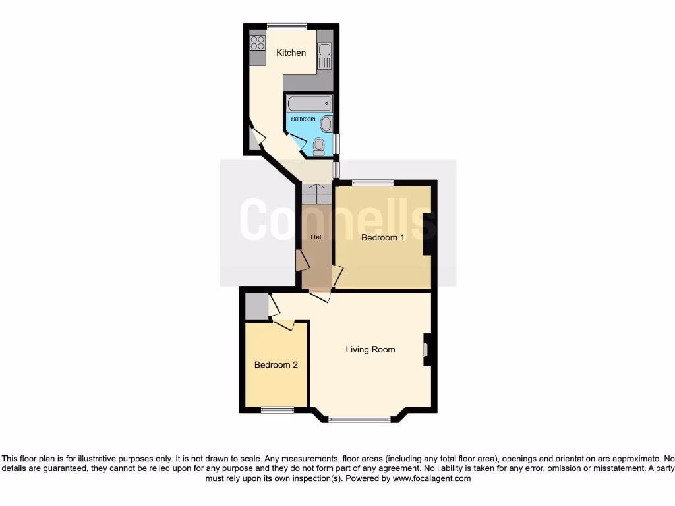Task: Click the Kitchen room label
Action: pos(291,53)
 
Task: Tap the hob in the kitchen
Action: pos(257,43)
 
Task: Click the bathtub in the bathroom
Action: pos(308,104)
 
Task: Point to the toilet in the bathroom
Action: pos(319,146)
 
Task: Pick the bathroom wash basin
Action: pos(326,123)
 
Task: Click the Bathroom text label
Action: pos(303,119)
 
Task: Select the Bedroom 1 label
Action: pos(383,237)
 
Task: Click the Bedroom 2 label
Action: pos(276,364)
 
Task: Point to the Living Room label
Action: pos(370,349)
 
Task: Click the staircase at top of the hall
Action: pos(317,195)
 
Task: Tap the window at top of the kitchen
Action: pos(287,26)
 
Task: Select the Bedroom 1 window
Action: pos(372,183)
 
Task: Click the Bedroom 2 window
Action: pos(277,410)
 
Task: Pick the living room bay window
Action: pos(360,418)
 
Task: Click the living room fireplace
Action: pos(426,350)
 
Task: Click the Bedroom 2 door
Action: pos(284,323)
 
